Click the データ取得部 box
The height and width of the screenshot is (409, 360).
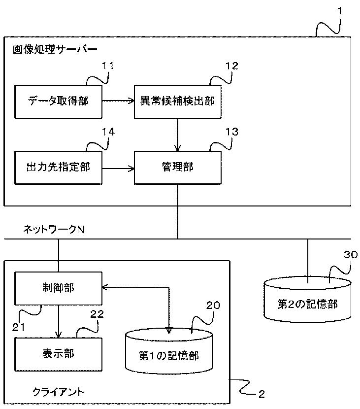click(x=58, y=102)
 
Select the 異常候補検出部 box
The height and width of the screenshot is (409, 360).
click(x=177, y=102)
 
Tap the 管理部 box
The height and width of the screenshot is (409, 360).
click(x=177, y=168)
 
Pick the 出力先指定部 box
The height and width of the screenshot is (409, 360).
click(x=58, y=168)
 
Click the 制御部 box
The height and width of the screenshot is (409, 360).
click(x=58, y=288)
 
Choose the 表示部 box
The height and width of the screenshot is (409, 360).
click(x=58, y=354)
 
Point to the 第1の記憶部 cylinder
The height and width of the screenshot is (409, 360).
click(x=168, y=351)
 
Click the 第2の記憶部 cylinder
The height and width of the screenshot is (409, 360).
click(x=307, y=300)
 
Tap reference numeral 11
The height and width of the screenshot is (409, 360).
click(x=107, y=66)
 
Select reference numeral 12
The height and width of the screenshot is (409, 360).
click(x=232, y=66)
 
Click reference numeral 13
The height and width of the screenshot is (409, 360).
click(x=232, y=132)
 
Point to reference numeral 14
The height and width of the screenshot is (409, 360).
click(x=108, y=132)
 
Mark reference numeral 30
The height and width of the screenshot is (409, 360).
click(x=351, y=254)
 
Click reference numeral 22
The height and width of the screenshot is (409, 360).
click(x=97, y=314)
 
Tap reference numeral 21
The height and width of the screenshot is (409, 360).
click(x=19, y=327)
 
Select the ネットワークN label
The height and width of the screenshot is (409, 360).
click(x=54, y=229)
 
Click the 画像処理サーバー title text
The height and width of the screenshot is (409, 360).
click(x=55, y=49)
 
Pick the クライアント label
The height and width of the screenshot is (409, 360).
click(x=58, y=392)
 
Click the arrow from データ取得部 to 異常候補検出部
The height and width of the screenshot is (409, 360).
click(x=118, y=101)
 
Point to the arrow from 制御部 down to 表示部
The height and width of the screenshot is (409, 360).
click(x=59, y=321)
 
